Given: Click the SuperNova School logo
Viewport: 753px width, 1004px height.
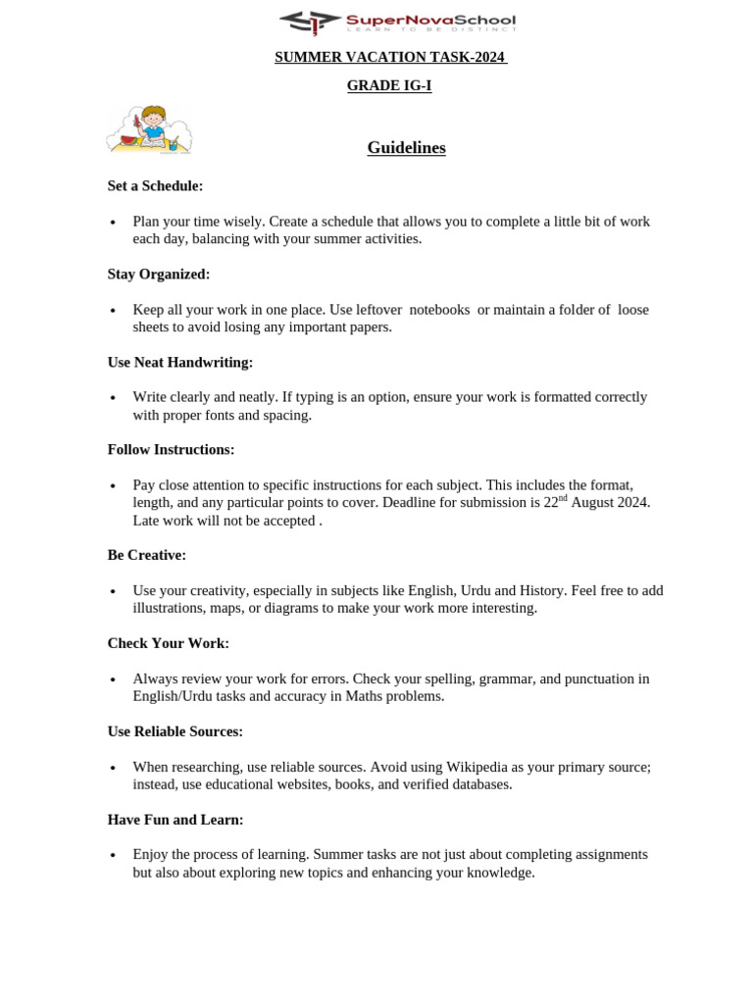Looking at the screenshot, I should [x=396, y=22].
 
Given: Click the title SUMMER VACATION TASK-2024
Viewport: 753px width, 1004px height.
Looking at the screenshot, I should [x=390, y=58].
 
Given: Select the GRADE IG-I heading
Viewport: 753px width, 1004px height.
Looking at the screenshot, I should [x=389, y=86].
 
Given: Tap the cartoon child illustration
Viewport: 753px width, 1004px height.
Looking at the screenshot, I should [x=149, y=130].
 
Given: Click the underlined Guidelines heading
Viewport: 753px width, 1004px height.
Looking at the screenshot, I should [x=406, y=148].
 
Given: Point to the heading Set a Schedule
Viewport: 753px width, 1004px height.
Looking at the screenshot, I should [x=155, y=186].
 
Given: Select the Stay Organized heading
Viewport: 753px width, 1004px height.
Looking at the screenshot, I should [x=159, y=275].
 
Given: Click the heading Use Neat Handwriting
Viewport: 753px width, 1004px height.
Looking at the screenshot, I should [x=180, y=363].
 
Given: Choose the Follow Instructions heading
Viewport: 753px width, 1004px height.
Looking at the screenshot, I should [x=171, y=450].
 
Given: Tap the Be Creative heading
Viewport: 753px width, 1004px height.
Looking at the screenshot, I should [x=146, y=556].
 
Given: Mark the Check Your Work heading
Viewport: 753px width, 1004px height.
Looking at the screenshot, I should [x=168, y=644].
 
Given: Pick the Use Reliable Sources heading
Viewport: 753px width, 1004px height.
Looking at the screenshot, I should [x=175, y=732].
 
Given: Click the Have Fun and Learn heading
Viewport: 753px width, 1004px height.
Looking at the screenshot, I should [x=176, y=820].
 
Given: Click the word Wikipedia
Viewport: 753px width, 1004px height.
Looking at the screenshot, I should [x=480, y=768].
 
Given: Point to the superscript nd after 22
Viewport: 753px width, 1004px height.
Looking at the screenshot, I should [x=563, y=498].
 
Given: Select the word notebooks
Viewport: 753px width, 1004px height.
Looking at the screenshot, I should [x=439, y=310].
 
